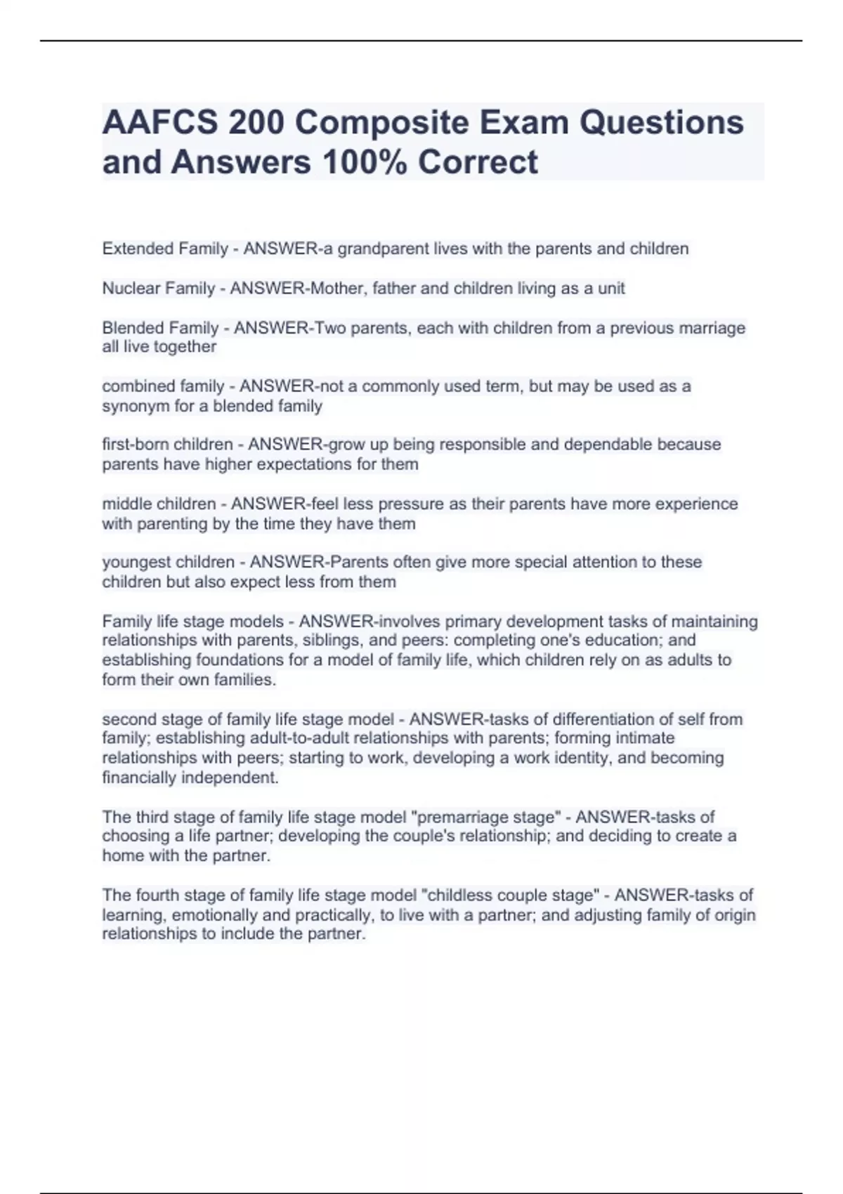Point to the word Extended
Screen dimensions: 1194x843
pyautogui.click(x=138, y=249)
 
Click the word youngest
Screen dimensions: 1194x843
pyautogui.click(x=135, y=562)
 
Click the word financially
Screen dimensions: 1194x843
pyautogui.click(x=139, y=778)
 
